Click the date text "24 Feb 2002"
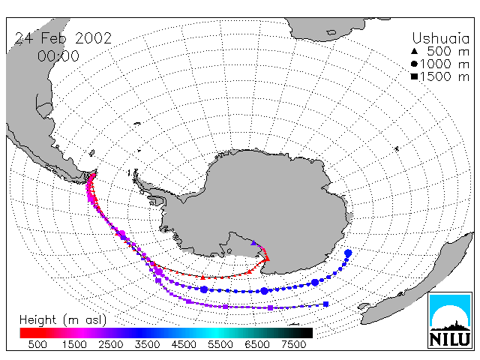click(x=63, y=38)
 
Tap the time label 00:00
click(x=58, y=56)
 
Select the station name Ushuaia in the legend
click(x=440, y=38)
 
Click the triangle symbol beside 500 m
click(x=414, y=51)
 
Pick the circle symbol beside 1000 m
click(x=414, y=64)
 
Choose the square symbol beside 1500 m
click(x=414, y=76)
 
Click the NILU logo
click(x=450, y=320)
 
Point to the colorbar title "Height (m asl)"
click(x=63, y=320)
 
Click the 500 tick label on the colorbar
click(x=37, y=345)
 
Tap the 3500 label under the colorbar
click(x=147, y=345)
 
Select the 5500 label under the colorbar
click(x=220, y=345)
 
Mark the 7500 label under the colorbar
click(x=293, y=345)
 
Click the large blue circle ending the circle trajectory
click(x=348, y=253)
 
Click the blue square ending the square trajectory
click(x=326, y=304)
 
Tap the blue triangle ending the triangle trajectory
click(x=253, y=243)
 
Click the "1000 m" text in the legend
click(x=445, y=64)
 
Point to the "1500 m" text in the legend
click(x=445, y=76)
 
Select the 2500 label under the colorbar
click(x=110, y=345)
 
